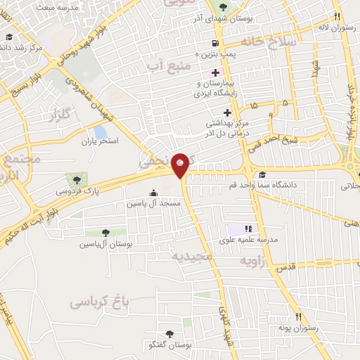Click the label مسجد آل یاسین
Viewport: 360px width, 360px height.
[x=153, y=202]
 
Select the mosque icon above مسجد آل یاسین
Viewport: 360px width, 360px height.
[x=153, y=193]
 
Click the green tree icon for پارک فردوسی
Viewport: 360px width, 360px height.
[x=74, y=179]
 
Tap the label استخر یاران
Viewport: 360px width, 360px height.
[x=99, y=141]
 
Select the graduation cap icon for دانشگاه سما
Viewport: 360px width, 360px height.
[x=262, y=175]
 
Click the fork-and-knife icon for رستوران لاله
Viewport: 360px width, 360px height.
[x=337, y=17]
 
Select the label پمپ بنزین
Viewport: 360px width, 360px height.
[x=219, y=53]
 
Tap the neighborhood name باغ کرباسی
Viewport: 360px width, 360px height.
[x=101, y=302]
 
